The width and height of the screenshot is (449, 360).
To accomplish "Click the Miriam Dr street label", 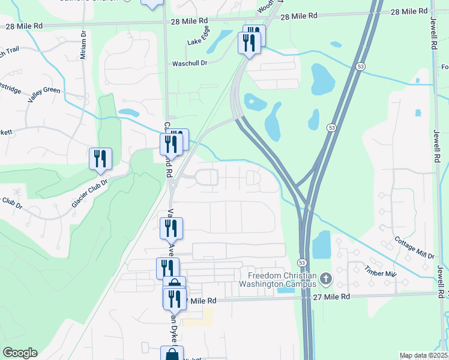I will tap(83, 46).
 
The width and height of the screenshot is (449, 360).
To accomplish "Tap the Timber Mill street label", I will tap(382, 273).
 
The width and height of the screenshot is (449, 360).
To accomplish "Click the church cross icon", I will tap(325, 279).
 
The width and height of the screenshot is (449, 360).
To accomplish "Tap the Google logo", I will tap(20, 353).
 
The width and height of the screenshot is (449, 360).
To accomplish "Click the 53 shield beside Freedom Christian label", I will tap(303, 263).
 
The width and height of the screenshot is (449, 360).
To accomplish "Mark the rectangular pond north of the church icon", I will tap(322, 244).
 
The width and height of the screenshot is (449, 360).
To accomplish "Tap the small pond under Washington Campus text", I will tap(286, 290).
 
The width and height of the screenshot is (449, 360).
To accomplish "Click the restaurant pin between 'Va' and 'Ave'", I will tap(171, 228).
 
